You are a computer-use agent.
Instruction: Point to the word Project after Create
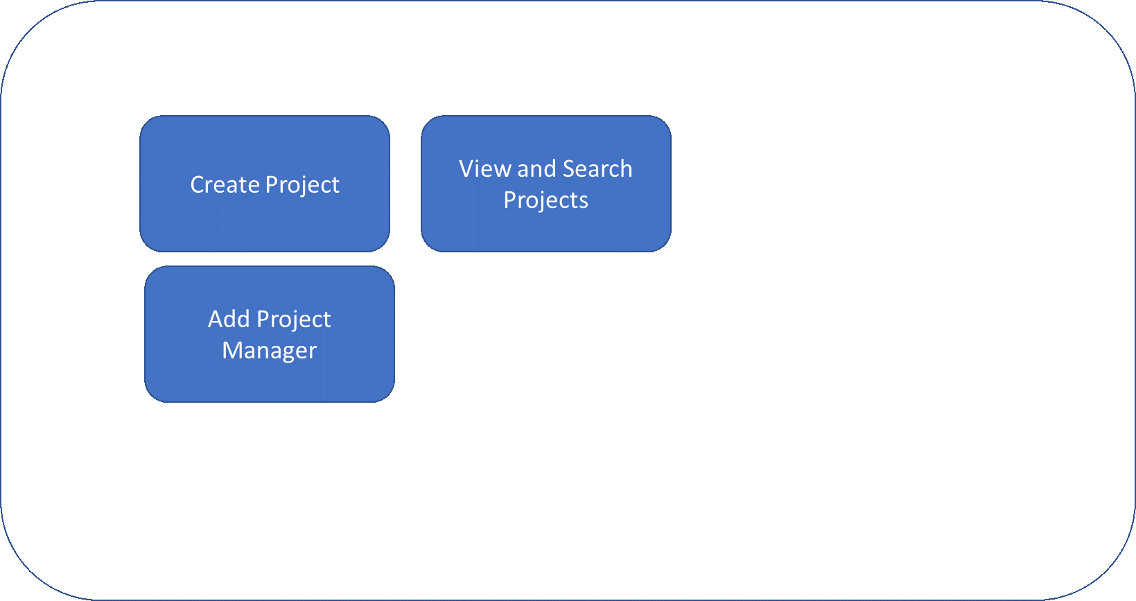(x=302, y=185)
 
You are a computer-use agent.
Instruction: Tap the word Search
(x=597, y=168)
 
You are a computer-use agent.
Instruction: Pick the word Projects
(x=545, y=200)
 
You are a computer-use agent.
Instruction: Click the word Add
(x=229, y=319)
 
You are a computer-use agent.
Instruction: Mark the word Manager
(x=269, y=351)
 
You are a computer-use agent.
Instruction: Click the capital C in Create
(x=197, y=184)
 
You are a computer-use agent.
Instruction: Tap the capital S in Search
(x=569, y=168)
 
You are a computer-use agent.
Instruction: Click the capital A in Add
(x=216, y=319)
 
